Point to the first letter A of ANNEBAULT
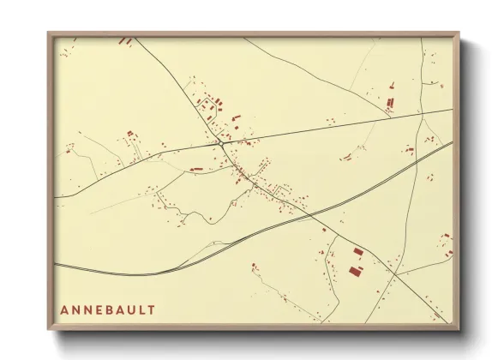64,309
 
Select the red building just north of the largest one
358,252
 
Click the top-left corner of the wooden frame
49,33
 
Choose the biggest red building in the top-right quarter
390,103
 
